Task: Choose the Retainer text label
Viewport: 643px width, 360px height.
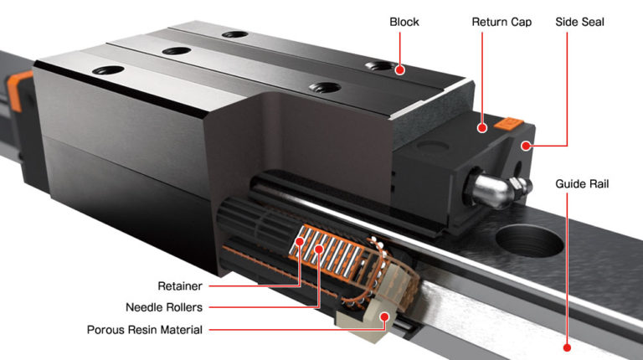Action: (180, 285)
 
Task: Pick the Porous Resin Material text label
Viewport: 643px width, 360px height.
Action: (144, 329)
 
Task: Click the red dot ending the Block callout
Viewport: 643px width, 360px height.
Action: (400, 70)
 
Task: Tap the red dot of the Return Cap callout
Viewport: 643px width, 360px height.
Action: (482, 128)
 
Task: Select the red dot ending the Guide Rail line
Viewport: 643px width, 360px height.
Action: (567, 347)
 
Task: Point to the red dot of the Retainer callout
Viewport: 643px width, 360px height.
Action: (301, 243)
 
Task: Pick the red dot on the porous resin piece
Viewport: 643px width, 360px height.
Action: (384, 316)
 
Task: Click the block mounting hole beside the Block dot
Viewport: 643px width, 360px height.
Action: (380, 67)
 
